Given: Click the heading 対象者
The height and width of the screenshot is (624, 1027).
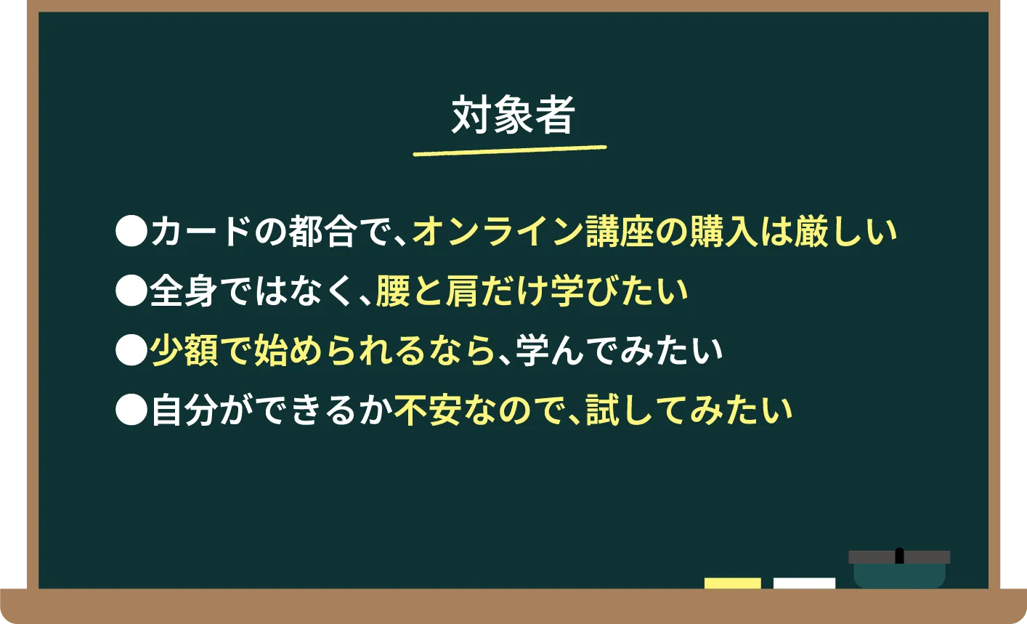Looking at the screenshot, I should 513,115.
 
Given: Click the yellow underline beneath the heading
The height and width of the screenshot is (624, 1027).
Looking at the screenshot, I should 509,150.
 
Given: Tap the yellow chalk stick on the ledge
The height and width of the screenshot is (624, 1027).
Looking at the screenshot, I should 732,583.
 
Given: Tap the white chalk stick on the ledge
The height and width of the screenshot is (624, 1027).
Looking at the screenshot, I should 804,583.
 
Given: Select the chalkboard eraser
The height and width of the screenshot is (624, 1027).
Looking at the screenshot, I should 899,568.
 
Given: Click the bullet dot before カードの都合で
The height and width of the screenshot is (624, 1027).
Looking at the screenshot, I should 131,232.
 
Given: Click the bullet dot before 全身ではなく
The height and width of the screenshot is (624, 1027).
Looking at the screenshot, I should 131,291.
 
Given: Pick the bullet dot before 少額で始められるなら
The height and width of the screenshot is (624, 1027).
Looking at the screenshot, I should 131,351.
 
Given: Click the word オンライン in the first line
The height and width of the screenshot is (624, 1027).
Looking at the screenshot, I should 498,232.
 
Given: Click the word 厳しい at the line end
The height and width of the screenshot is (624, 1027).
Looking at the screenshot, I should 845,232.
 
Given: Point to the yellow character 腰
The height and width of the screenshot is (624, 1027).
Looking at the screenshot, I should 393,291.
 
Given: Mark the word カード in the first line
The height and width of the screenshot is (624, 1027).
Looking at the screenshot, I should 200,232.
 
